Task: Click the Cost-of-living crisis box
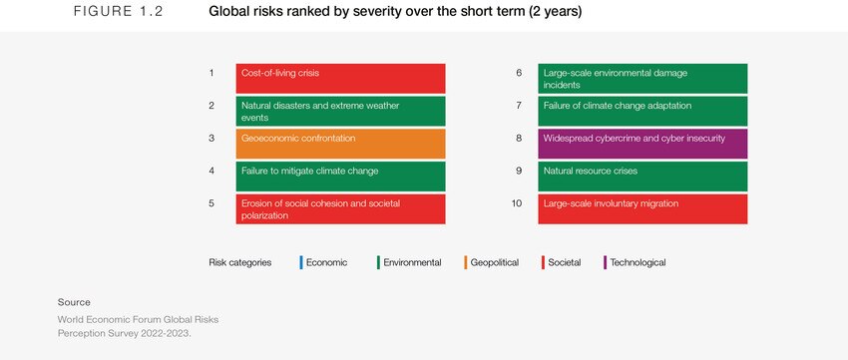340,78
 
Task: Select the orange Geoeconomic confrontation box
340,144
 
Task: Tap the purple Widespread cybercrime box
643,144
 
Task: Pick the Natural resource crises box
643,176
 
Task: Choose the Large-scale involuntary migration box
643,208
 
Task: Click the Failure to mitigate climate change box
340,176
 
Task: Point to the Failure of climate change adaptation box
643,111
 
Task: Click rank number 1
212,73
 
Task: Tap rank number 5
212,203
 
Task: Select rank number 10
518,203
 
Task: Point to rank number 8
518,138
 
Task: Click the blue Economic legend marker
300,262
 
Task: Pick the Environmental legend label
412,262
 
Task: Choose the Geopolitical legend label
495,262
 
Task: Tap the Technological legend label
637,262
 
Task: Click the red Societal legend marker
542,262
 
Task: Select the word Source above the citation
74,301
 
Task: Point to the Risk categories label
239,262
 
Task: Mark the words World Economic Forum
110,319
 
